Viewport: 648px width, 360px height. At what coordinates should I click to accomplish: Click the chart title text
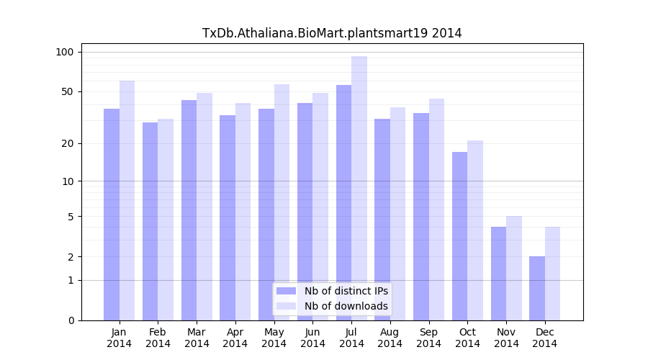tap(332, 33)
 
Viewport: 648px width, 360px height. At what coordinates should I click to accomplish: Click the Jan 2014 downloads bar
tap(127, 201)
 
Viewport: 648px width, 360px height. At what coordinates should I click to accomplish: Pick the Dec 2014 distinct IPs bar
tap(537, 289)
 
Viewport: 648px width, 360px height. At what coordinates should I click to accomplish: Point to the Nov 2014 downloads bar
tap(514, 269)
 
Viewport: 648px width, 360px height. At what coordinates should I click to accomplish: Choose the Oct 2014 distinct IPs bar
tap(459, 236)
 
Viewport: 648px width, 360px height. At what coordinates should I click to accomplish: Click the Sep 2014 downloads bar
tap(436, 210)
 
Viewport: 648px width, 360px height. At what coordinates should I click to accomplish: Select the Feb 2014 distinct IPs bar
tap(150, 222)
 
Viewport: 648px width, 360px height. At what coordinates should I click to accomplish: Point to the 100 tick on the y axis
tap(65, 52)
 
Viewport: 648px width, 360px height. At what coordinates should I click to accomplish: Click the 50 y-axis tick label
tap(68, 91)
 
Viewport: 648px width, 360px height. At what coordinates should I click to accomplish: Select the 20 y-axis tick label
tap(68, 143)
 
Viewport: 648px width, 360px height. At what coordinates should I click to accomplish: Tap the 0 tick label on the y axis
tap(71, 320)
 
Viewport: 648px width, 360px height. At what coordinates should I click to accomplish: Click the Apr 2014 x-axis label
tap(235, 338)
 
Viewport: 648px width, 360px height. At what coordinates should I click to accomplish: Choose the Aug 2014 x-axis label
tap(390, 338)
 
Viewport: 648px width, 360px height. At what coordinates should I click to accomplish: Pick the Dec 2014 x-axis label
tap(545, 338)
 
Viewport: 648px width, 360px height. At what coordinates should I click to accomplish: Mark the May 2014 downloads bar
tap(282, 202)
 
